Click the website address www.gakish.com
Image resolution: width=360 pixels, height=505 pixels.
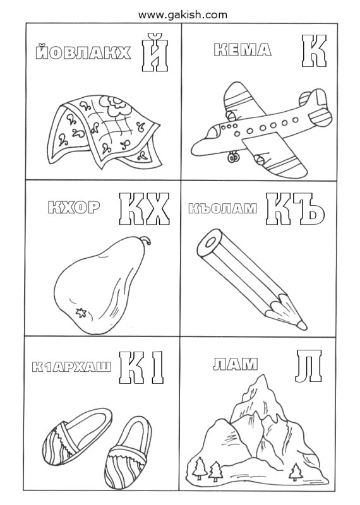pos(183,15)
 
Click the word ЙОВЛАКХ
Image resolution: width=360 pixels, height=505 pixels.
pos(83,53)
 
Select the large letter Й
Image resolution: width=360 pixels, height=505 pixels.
pos(155,52)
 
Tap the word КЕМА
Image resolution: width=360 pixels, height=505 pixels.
pos(243,50)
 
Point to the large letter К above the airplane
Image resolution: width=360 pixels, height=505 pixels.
pos(314,51)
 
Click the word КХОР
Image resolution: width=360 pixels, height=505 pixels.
pos(74,208)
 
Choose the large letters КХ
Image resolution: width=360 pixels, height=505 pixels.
pos(145,209)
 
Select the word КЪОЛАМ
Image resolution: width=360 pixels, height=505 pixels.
pos(223,208)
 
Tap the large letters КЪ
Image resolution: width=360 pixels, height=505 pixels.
pos(294,209)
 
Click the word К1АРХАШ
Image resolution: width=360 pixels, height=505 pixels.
pos(71,367)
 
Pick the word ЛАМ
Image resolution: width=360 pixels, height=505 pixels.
pos(236,364)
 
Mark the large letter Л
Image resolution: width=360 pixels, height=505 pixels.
pos(308,365)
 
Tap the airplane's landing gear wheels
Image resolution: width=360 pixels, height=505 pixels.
pos(233,157)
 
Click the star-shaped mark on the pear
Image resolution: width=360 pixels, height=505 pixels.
pos(80,312)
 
